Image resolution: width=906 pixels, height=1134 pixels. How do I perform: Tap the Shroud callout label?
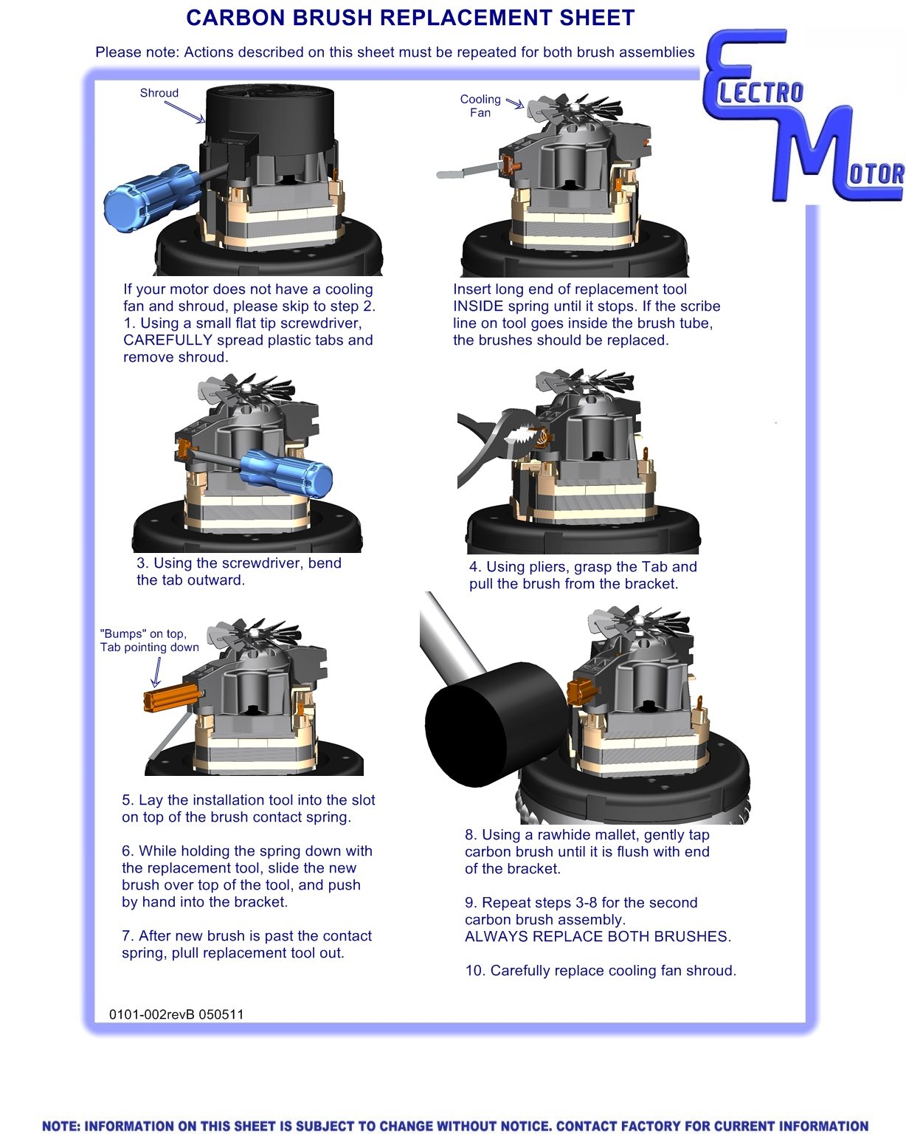pos(159,93)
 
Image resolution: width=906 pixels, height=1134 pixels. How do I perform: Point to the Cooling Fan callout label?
pos(480,106)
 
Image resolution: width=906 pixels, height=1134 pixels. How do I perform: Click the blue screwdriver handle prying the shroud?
pos(152,197)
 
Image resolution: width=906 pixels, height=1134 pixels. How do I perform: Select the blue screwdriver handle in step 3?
pos(287,472)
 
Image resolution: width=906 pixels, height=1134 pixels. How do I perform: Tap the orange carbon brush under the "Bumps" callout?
pos(171,697)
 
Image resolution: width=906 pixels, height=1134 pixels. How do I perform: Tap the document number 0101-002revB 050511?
pos(176,1014)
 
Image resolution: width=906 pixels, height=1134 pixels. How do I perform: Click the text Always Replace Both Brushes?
pos(598,936)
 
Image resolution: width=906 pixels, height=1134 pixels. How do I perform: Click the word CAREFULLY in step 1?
pos(168,340)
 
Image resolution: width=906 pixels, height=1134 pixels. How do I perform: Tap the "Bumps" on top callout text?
pos(143,633)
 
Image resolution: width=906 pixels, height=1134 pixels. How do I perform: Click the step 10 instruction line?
pos(601,971)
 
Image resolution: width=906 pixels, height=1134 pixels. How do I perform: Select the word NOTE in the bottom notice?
pos(60,1126)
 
